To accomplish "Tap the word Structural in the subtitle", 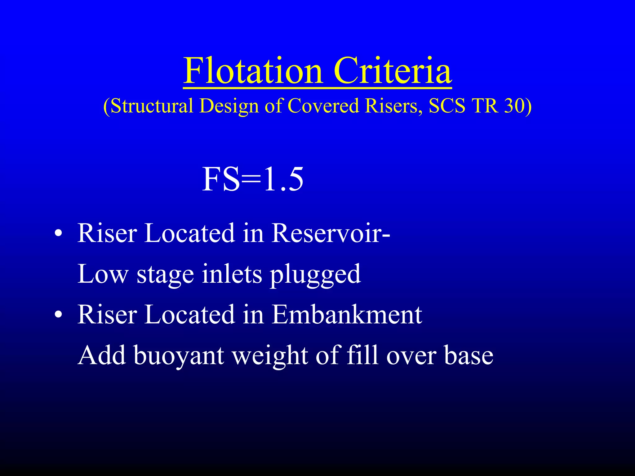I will [x=152, y=106].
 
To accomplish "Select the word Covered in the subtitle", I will [x=324, y=106].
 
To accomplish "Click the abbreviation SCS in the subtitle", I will [x=447, y=106].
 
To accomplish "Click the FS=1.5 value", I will [x=253, y=179].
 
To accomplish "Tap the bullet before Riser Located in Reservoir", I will [x=58, y=233].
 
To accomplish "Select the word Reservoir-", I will [x=331, y=233].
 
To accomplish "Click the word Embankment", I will [x=347, y=315].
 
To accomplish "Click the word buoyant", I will [x=179, y=356].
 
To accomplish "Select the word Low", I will [x=103, y=274].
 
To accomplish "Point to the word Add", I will [x=102, y=356].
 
